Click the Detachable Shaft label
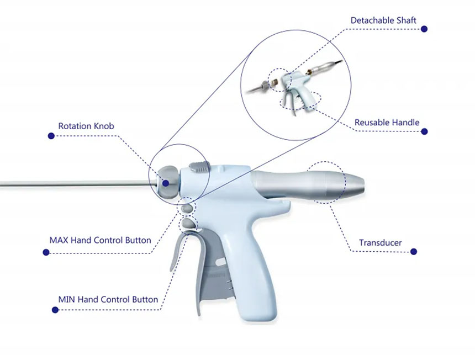(x=383, y=20)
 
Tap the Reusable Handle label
(x=387, y=123)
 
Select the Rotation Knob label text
(x=86, y=126)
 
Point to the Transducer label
(x=380, y=242)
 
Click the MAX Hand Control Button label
(x=101, y=240)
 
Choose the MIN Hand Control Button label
(x=108, y=299)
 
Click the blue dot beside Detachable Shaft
(x=424, y=29)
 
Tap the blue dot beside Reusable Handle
(x=424, y=131)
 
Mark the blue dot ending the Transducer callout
(x=414, y=252)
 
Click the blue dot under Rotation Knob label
(x=51, y=136)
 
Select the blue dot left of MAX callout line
(x=46, y=252)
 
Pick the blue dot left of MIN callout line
(x=55, y=310)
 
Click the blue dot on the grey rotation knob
(x=166, y=183)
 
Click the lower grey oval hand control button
(x=188, y=224)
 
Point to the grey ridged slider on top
(x=199, y=167)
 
